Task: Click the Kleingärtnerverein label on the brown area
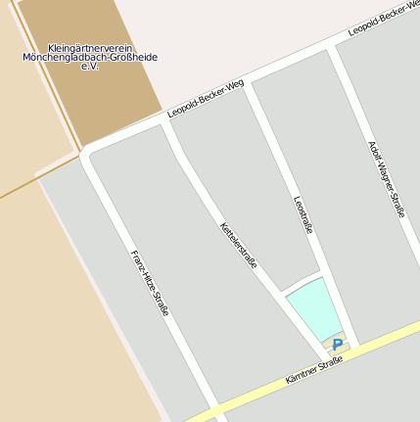click(x=90, y=47)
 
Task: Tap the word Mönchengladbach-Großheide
click(x=90, y=57)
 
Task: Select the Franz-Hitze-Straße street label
click(x=150, y=283)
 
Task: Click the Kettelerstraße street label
click(x=238, y=245)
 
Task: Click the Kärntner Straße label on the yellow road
click(x=313, y=370)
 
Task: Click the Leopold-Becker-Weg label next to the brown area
click(x=205, y=99)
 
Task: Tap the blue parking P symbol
click(x=338, y=345)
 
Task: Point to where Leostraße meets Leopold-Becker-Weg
click(x=248, y=87)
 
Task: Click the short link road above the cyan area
click(x=302, y=283)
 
